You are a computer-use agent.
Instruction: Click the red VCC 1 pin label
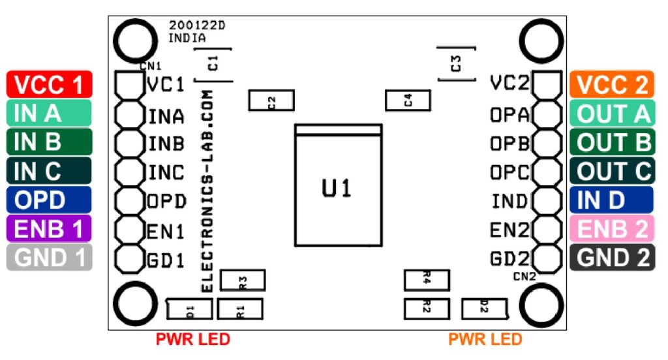pos(49,84)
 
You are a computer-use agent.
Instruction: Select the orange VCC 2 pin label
pos(611,84)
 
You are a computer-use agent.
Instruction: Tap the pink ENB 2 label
pos(611,228)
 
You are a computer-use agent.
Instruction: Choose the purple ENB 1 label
pos(49,228)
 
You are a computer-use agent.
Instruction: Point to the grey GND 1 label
pos(49,258)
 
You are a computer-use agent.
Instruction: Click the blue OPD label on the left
pos(49,200)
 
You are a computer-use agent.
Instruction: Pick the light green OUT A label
pos(611,113)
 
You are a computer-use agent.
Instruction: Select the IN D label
pos(611,200)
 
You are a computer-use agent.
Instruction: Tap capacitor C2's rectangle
pos(271,100)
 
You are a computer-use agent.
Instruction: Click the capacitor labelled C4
pos(408,100)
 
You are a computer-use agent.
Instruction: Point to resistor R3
pos(243,280)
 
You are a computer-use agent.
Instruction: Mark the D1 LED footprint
pos(190,308)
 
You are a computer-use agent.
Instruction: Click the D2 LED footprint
pos(484,308)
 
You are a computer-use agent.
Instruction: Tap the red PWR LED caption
pos(192,340)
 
